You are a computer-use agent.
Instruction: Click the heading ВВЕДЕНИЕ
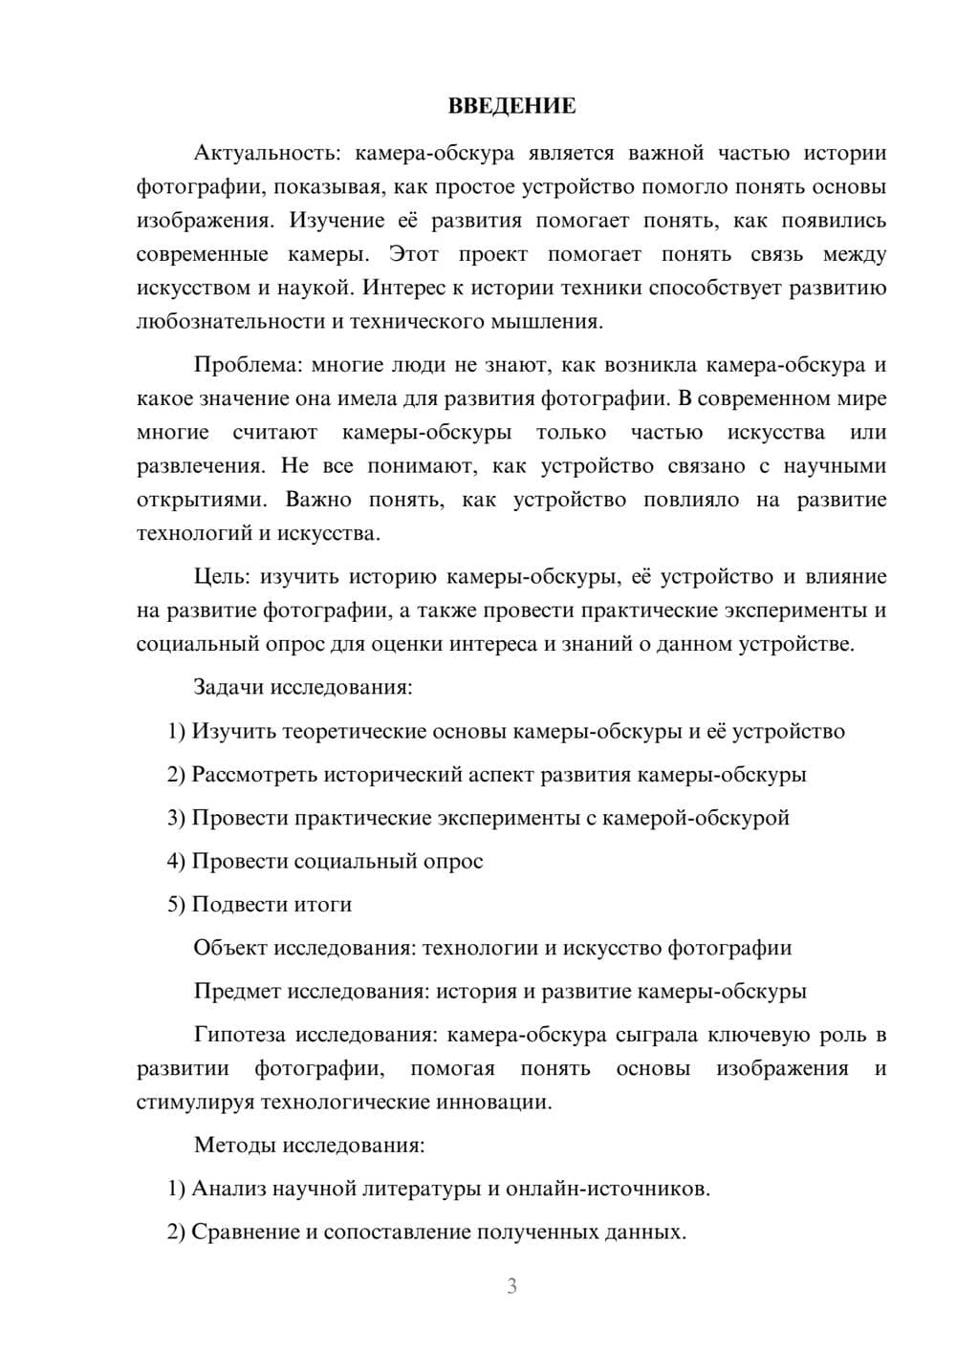click(x=511, y=106)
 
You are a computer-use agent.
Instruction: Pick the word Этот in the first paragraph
click(x=414, y=254)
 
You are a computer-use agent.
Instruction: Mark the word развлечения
click(x=199, y=465)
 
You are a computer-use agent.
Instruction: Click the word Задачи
click(x=229, y=687)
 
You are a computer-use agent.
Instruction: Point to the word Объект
click(x=230, y=948)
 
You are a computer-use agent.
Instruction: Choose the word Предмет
click(x=237, y=991)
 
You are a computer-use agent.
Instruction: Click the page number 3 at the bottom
click(x=511, y=1286)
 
